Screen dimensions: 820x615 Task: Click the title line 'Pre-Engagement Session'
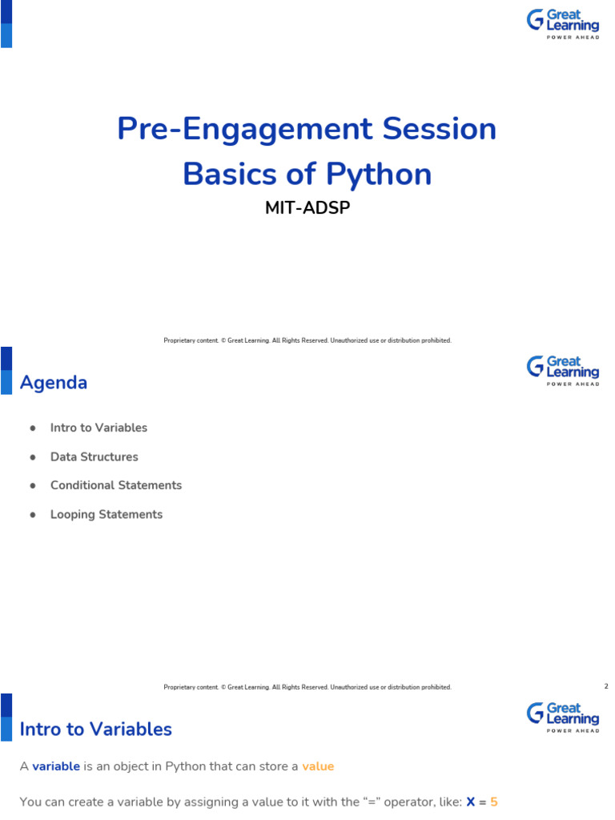pos(307,129)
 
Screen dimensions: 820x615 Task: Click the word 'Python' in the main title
pos(379,174)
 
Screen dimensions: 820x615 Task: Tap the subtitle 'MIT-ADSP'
pos(307,207)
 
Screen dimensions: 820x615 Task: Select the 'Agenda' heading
pos(54,383)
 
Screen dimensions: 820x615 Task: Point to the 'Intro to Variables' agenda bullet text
pos(98,428)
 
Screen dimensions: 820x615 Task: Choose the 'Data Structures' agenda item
pos(94,456)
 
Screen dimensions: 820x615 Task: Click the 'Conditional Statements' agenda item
pos(116,485)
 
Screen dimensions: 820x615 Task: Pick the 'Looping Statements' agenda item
pos(107,514)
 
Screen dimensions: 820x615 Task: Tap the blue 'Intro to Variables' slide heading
pos(96,730)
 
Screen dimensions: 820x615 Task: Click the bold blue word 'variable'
pos(56,766)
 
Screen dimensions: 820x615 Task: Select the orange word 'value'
pos(318,766)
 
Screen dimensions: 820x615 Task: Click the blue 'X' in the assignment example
pos(471,802)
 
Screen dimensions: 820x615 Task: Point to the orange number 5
pos(494,802)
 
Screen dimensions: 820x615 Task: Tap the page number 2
pos(606,686)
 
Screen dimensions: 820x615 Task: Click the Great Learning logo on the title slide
pos(562,25)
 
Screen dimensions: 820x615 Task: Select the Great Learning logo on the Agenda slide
pos(562,371)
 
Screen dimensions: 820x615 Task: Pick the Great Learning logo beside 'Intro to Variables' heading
pos(562,717)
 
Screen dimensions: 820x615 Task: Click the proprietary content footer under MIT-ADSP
pos(307,340)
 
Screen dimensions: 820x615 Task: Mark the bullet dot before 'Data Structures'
pos(33,456)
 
